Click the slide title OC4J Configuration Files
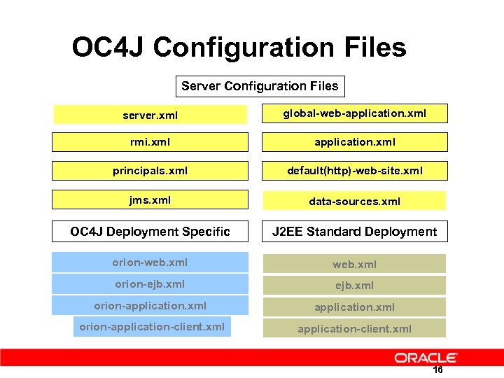click(x=239, y=48)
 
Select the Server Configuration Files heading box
click(x=260, y=86)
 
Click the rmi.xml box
click(x=150, y=142)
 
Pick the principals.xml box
click(x=150, y=171)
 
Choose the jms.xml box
click(x=150, y=199)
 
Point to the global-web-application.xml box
click(x=354, y=113)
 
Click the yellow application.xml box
click(x=354, y=142)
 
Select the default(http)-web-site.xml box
click(x=354, y=171)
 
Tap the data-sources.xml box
click(x=354, y=201)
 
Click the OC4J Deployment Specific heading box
click(x=150, y=231)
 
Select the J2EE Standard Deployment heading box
click(x=354, y=231)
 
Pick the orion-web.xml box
click(x=150, y=262)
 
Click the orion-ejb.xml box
click(x=150, y=284)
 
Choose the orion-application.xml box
click(x=150, y=306)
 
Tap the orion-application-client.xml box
click(x=152, y=327)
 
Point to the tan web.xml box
click(x=354, y=264)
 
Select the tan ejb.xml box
click(x=354, y=285)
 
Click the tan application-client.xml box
click(x=354, y=328)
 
